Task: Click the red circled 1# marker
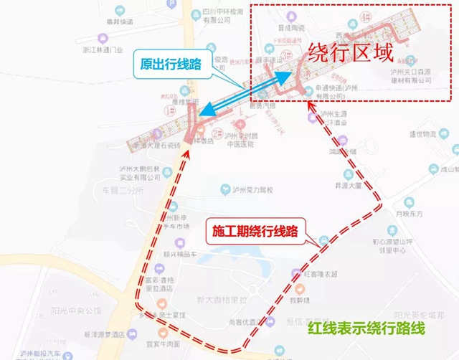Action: pyautogui.click(x=169, y=112)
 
